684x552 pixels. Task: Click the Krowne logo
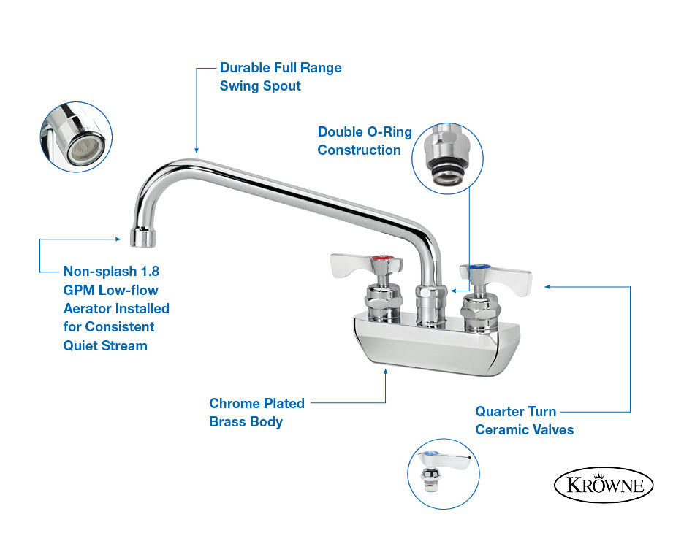pos(604,485)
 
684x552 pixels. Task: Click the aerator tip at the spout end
pos(143,237)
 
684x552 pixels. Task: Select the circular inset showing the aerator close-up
pos(76,137)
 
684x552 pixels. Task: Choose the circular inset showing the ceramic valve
pos(444,474)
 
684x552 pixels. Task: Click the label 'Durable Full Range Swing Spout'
pos(281,77)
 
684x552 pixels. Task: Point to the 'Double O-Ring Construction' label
pos(364,141)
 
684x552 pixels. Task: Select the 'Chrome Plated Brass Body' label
pos(256,413)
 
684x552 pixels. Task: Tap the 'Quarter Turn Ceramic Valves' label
pos(524,421)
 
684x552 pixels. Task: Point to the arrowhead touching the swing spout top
pos(196,147)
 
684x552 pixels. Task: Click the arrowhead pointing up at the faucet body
pos(386,372)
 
